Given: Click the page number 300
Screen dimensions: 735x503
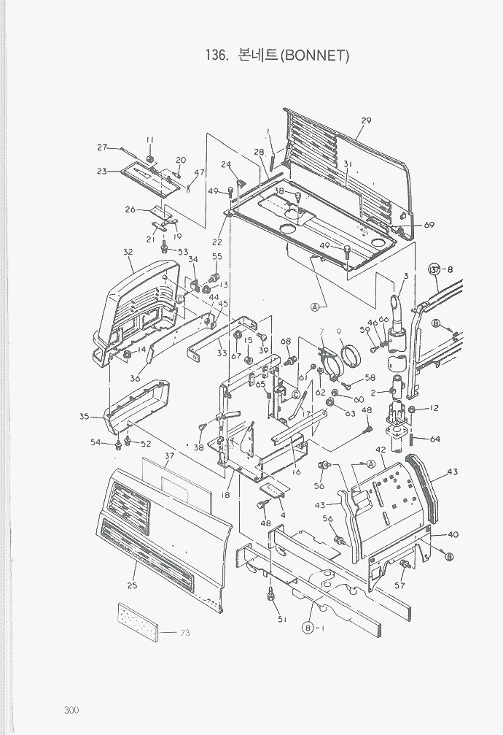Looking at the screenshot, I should (x=71, y=711).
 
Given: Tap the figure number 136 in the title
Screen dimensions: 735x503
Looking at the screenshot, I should (x=219, y=55).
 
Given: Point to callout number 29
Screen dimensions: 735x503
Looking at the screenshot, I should (x=366, y=120).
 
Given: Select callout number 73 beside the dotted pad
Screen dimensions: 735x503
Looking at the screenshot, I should (x=184, y=632).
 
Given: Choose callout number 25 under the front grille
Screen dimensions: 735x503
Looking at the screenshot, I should (x=131, y=586).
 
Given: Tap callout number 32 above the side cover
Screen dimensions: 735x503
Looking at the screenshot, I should (x=128, y=252).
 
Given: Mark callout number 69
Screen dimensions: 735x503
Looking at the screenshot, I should (x=429, y=225).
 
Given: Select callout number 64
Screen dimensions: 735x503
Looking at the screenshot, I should (x=434, y=439).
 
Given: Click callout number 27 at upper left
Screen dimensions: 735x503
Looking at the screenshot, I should (x=103, y=147).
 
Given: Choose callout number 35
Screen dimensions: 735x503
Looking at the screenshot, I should (x=85, y=417).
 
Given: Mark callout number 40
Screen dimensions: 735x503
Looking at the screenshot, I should (x=453, y=534).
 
